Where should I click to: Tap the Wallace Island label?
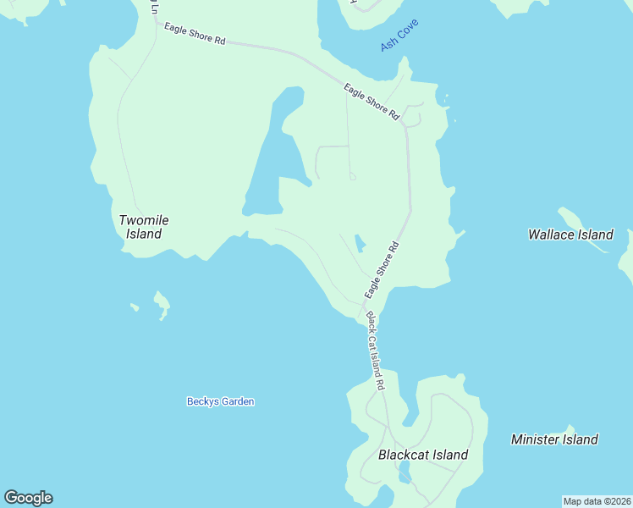pyautogui.click(x=570, y=235)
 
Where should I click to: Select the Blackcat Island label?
pyautogui.click(x=423, y=455)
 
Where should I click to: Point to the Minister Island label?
pyautogui.click(x=554, y=439)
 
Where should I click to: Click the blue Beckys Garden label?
pyautogui.click(x=220, y=401)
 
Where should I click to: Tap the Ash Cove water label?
pyautogui.click(x=400, y=38)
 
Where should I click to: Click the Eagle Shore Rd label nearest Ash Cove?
pyautogui.click(x=372, y=101)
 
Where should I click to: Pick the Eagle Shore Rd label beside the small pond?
pyautogui.click(x=382, y=270)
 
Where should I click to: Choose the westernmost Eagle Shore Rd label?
pyautogui.click(x=195, y=35)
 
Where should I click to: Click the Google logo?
pyautogui.click(x=28, y=498)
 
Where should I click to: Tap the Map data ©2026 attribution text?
pyautogui.click(x=597, y=501)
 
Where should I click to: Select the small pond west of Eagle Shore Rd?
pyautogui.click(x=360, y=244)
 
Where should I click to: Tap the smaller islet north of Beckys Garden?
pyautogui.click(x=134, y=306)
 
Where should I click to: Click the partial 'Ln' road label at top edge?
pyautogui.click(x=154, y=8)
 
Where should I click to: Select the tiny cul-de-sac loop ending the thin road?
pyautogui.click(x=352, y=177)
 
